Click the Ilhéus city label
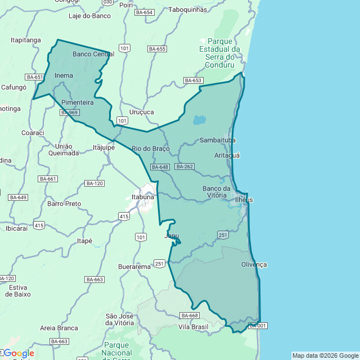244,200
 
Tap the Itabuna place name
142,197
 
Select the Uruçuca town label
141,112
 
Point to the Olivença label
254,264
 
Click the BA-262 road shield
184,166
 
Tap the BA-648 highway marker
160,167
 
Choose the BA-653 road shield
193,80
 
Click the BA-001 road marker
257,326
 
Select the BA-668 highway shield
189,315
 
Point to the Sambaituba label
217,140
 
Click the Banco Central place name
93,54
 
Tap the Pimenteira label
77,103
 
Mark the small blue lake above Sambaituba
199,120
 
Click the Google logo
19,353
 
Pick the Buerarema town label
135,266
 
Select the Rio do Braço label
146,148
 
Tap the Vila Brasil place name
193,327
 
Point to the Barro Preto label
64,204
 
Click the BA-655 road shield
157,49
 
